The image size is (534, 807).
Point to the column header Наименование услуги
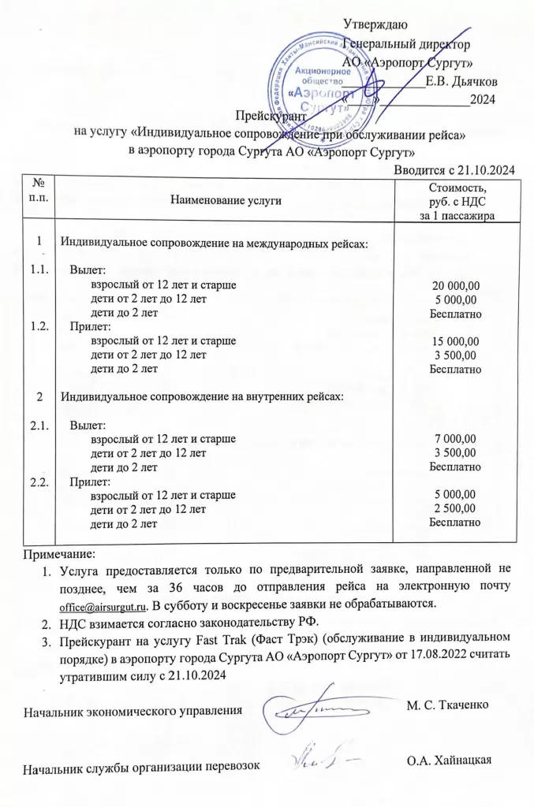226,202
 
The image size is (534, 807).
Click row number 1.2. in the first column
37,326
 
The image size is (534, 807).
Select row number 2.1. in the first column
37,425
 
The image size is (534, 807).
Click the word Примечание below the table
59,555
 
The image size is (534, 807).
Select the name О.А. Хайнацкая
449,761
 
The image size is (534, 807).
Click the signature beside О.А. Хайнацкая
322,757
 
